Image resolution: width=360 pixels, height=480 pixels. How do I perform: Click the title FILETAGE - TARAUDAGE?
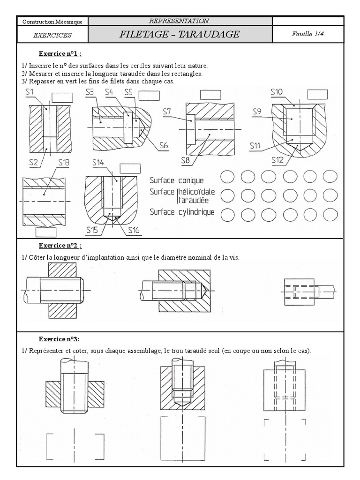click(180, 34)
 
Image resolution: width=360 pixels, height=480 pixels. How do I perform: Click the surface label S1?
click(30, 93)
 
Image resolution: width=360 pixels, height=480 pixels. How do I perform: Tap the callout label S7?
click(167, 111)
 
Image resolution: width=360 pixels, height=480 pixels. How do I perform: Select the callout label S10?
click(277, 92)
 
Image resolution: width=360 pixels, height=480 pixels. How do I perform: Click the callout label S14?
click(98, 163)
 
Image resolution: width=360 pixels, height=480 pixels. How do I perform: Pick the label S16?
click(133, 230)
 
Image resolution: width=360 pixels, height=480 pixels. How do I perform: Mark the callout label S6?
click(163, 145)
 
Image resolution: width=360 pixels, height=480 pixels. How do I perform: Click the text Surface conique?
click(177, 180)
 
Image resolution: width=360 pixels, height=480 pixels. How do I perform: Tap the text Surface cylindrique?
click(182, 212)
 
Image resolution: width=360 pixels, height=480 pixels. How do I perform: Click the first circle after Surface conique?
click(228, 177)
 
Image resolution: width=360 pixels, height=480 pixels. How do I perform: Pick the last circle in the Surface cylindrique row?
click(330, 214)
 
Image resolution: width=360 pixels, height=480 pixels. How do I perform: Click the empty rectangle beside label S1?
click(61, 97)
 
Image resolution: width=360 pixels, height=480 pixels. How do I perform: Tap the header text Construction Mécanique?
click(52, 22)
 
